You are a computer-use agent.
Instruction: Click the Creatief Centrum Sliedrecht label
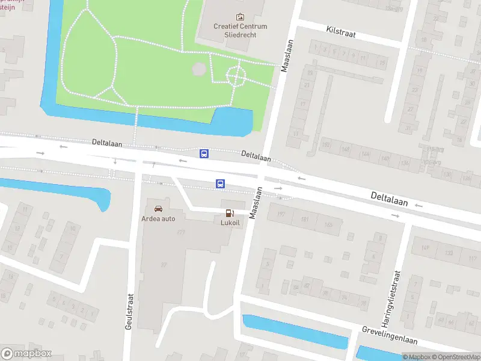[240, 30]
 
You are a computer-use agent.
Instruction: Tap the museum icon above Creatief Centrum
[240, 17]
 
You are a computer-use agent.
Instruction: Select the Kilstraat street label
[341, 31]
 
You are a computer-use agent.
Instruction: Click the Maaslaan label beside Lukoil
[255, 202]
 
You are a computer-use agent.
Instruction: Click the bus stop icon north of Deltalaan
[204, 153]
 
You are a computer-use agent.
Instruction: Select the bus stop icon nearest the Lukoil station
[221, 184]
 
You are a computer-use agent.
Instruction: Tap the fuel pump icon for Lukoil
[229, 213]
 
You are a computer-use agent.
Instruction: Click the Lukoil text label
[230, 222]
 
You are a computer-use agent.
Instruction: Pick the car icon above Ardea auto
[158, 208]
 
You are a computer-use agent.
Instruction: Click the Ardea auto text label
[158, 218]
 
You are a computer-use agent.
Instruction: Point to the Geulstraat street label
[129, 310]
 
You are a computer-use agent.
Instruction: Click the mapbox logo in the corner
[26, 353]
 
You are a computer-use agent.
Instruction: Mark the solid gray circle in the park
[198, 69]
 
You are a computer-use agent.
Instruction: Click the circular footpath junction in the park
[235, 76]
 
